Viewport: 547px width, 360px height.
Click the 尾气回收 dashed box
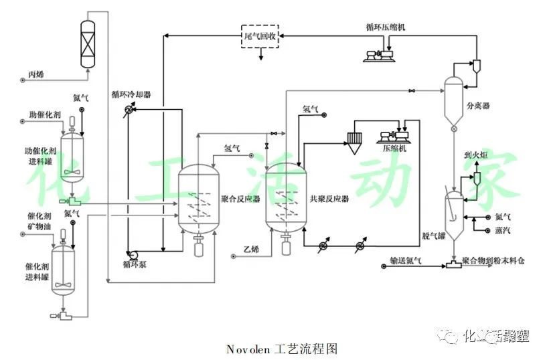click(x=259, y=35)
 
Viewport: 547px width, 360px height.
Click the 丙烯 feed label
click(x=35, y=74)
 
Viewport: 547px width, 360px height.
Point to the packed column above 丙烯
click(x=87, y=43)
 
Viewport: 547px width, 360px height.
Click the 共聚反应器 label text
click(x=329, y=199)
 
